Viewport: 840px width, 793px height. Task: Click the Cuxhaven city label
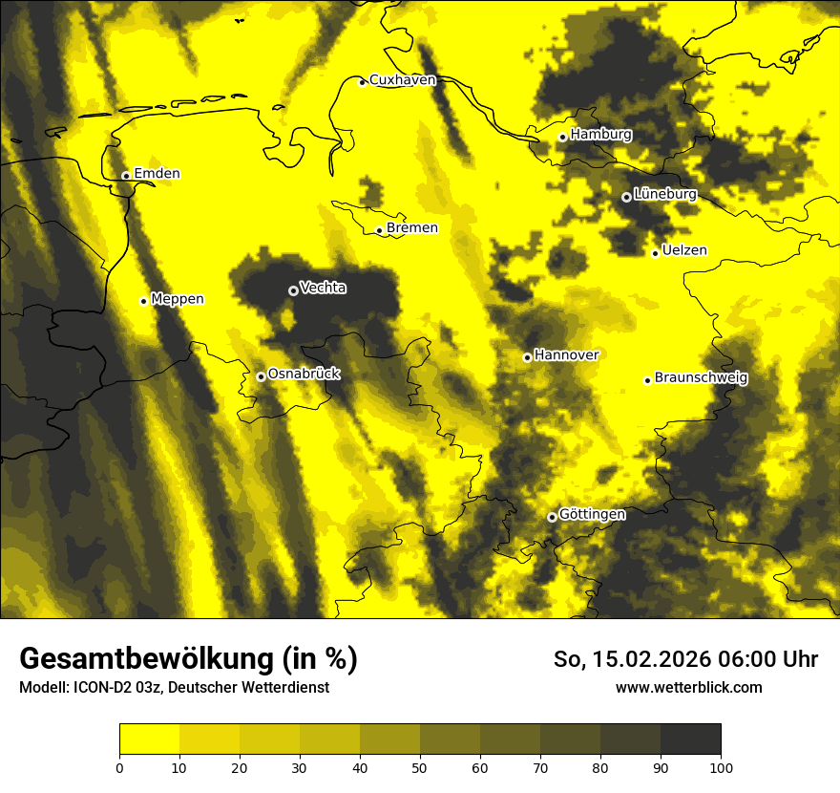click(402, 80)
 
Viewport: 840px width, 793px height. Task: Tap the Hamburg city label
click(601, 135)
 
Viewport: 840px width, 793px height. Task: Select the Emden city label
click(157, 174)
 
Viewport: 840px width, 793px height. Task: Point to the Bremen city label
click(412, 228)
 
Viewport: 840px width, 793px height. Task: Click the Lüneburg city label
click(665, 195)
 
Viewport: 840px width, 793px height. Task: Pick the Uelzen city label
click(684, 251)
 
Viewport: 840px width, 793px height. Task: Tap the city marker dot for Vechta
click(293, 290)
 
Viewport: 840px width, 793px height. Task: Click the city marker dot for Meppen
click(144, 301)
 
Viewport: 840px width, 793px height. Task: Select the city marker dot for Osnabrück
click(261, 376)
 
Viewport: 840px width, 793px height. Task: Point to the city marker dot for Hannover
click(527, 357)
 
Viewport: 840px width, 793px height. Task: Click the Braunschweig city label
click(701, 378)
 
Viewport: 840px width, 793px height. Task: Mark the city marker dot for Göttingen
click(552, 517)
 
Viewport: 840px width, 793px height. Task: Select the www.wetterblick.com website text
click(688, 688)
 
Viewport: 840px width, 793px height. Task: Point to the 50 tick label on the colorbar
click(420, 766)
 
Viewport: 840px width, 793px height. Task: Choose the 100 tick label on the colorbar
click(721, 766)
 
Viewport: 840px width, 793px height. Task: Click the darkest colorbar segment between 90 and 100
click(690, 739)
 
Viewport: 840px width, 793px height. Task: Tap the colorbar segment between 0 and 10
click(150, 739)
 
